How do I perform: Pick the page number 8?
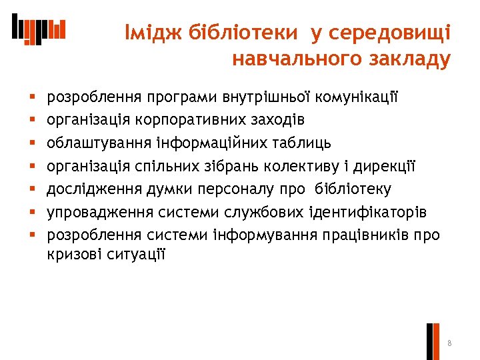point(450,343)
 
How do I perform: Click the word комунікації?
point(361,97)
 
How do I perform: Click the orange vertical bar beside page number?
point(437,341)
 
